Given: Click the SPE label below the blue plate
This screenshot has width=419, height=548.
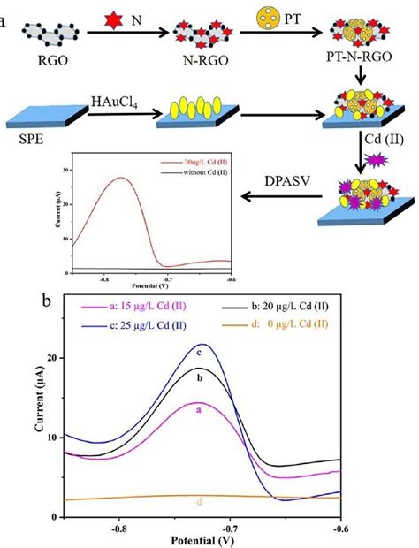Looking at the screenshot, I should pyautogui.click(x=27, y=143).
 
